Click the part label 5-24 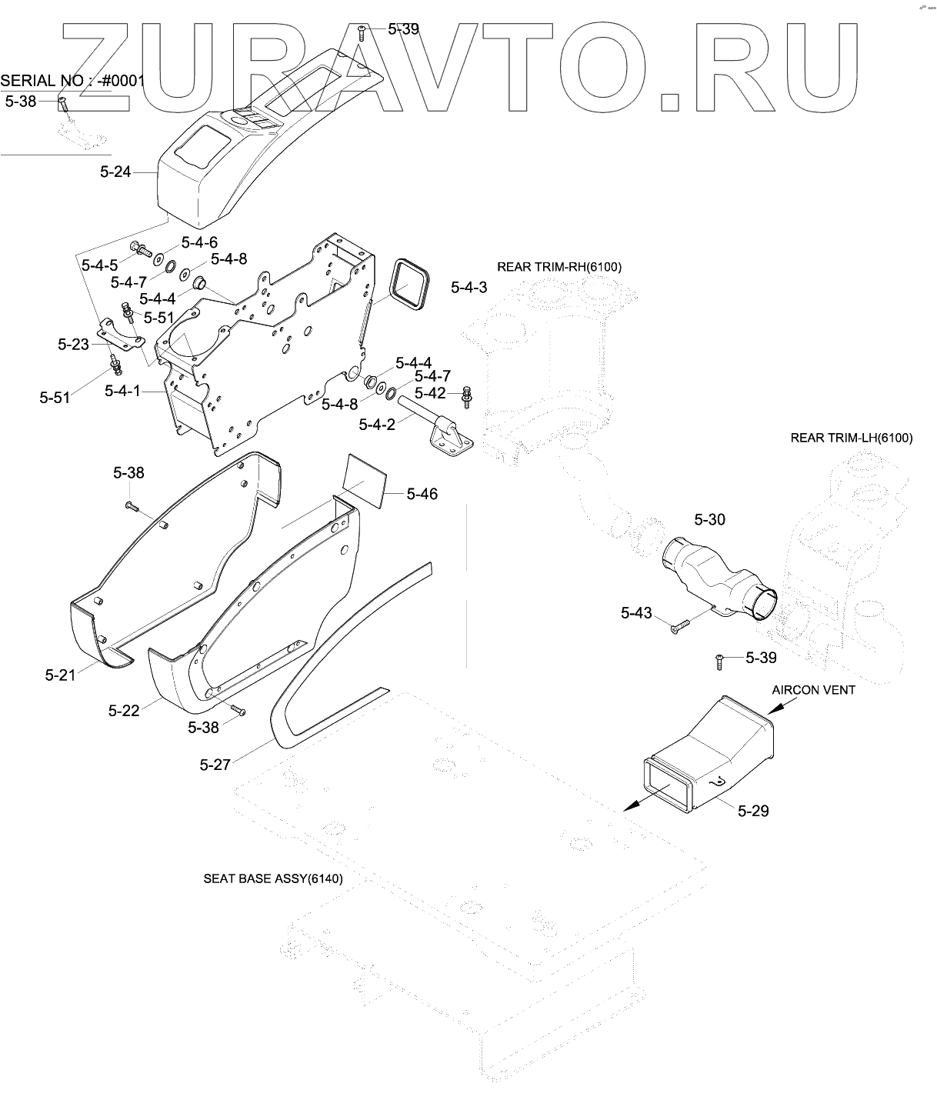click(115, 172)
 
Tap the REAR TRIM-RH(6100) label click(559, 267)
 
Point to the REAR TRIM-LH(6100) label click(852, 438)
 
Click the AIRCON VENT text click(814, 690)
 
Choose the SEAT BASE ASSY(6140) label click(273, 878)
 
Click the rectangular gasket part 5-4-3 click(412, 285)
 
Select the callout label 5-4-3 click(468, 288)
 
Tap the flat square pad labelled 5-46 click(364, 481)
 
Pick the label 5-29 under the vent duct click(753, 811)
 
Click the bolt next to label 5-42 click(467, 396)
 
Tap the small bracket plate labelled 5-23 click(121, 337)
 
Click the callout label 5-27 click(215, 765)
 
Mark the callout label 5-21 click(60, 675)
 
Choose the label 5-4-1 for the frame click(122, 391)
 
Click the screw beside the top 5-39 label click(362, 33)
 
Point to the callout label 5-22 click(124, 711)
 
